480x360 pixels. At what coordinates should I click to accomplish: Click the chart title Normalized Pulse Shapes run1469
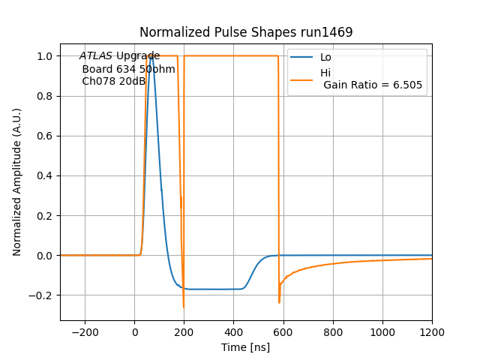point(246,32)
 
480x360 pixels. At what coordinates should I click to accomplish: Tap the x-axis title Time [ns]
point(246,347)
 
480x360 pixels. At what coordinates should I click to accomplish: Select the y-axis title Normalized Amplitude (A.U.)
point(17,181)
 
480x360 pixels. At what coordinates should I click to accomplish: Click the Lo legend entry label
point(325,58)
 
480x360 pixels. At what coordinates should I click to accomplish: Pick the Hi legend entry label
point(325,73)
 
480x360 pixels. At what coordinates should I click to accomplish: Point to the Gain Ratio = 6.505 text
point(373,85)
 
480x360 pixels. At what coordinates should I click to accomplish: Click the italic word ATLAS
point(96,56)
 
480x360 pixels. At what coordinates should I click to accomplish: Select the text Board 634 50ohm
point(128,69)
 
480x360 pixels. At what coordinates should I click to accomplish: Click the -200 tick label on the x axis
point(85,331)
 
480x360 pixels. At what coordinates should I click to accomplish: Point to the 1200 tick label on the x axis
point(432,331)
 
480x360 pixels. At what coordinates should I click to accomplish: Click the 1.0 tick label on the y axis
point(45,56)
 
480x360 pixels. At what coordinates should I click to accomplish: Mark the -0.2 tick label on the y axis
point(42,295)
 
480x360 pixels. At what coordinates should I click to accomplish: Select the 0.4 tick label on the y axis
point(45,175)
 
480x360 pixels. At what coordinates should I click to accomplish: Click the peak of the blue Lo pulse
point(151,56)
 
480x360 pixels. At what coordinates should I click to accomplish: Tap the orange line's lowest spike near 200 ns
point(183,307)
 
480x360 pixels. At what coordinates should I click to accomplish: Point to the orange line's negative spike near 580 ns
point(279,302)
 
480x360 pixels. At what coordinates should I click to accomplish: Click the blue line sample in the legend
point(302,58)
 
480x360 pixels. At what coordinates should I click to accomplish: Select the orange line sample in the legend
point(302,73)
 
